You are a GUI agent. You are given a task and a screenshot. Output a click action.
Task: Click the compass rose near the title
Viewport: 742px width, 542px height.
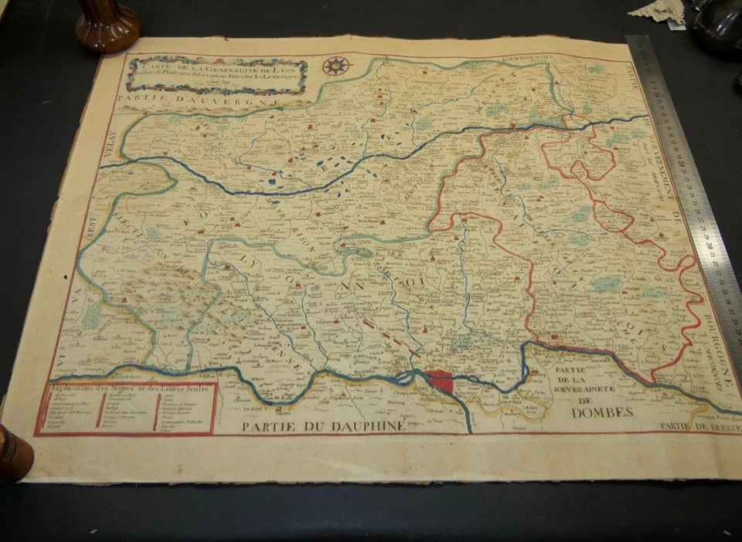pyautogui.click(x=335, y=66)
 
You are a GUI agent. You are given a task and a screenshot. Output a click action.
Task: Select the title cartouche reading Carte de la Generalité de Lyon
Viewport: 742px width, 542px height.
pyautogui.click(x=217, y=76)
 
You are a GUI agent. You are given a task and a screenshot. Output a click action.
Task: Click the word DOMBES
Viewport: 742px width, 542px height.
pyautogui.click(x=602, y=412)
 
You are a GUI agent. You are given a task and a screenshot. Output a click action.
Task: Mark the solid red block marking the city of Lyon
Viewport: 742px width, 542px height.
pyautogui.click(x=440, y=381)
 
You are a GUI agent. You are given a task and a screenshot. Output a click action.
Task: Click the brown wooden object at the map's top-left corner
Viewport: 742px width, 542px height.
pyautogui.click(x=107, y=25)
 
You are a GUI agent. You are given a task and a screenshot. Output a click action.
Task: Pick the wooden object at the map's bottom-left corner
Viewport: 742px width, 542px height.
pyautogui.click(x=13, y=453)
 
